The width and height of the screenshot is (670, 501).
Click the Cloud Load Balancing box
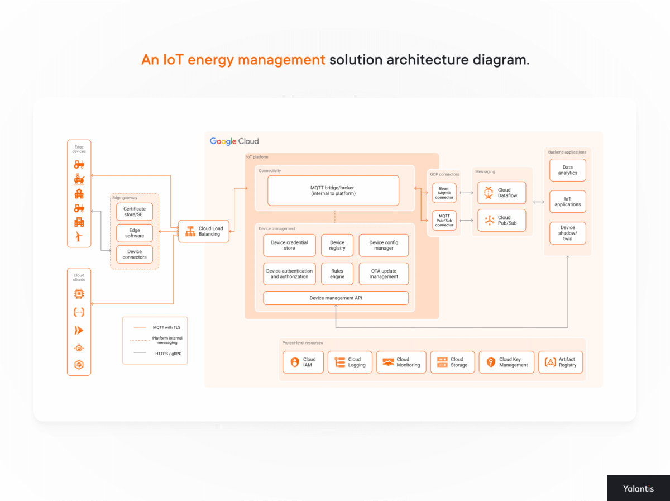point(204,231)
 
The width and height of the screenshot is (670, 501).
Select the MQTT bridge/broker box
point(333,190)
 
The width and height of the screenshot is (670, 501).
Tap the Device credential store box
point(289,245)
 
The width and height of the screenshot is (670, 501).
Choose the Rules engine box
point(337,274)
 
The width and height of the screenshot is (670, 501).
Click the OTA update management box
point(384,274)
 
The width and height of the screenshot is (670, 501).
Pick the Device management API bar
point(336,298)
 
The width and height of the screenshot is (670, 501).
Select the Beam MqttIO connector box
point(444,192)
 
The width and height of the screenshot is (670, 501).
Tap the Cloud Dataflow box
point(502,193)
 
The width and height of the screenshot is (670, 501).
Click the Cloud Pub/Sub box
point(502,220)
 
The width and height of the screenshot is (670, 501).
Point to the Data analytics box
point(568,170)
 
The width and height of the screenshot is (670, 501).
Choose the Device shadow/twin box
point(568,233)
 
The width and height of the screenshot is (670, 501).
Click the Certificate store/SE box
point(135,212)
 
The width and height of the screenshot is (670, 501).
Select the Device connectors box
point(135,254)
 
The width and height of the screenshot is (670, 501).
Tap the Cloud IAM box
point(303,362)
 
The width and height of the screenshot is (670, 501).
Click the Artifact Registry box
point(560,362)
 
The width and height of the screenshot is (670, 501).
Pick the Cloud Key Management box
point(506,362)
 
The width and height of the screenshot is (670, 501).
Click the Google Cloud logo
point(234,141)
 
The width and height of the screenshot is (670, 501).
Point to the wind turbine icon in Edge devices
point(79,237)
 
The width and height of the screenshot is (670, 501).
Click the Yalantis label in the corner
point(638,488)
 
